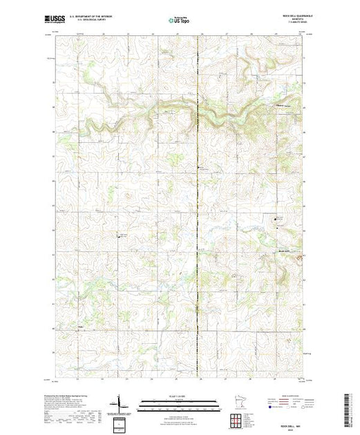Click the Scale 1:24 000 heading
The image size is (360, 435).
tap(180, 396)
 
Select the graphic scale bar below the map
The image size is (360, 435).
tap(180, 403)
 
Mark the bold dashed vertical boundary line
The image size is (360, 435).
tap(199, 207)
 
